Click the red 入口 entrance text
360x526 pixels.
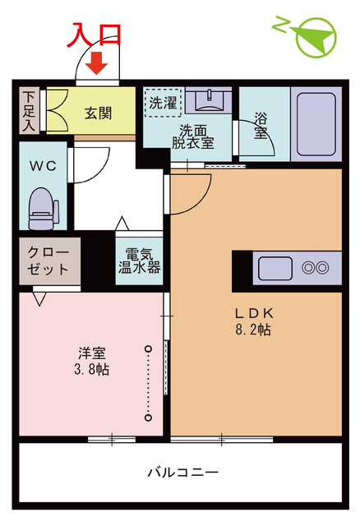coord(95,35)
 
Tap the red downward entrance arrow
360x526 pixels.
coord(98,62)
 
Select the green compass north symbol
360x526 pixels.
coord(312,37)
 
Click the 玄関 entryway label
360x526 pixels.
coord(98,113)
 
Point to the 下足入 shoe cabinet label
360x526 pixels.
coord(29,111)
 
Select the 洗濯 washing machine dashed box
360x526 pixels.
coord(163,103)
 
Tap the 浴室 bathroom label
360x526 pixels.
coord(261,124)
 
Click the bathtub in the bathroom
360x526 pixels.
coord(316,122)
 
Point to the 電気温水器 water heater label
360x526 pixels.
coord(138,261)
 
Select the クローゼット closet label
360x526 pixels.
coord(48,260)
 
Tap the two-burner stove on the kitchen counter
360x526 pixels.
coord(316,268)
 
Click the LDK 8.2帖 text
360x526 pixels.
coord(254,321)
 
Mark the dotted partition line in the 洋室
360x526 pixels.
coord(149,383)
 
